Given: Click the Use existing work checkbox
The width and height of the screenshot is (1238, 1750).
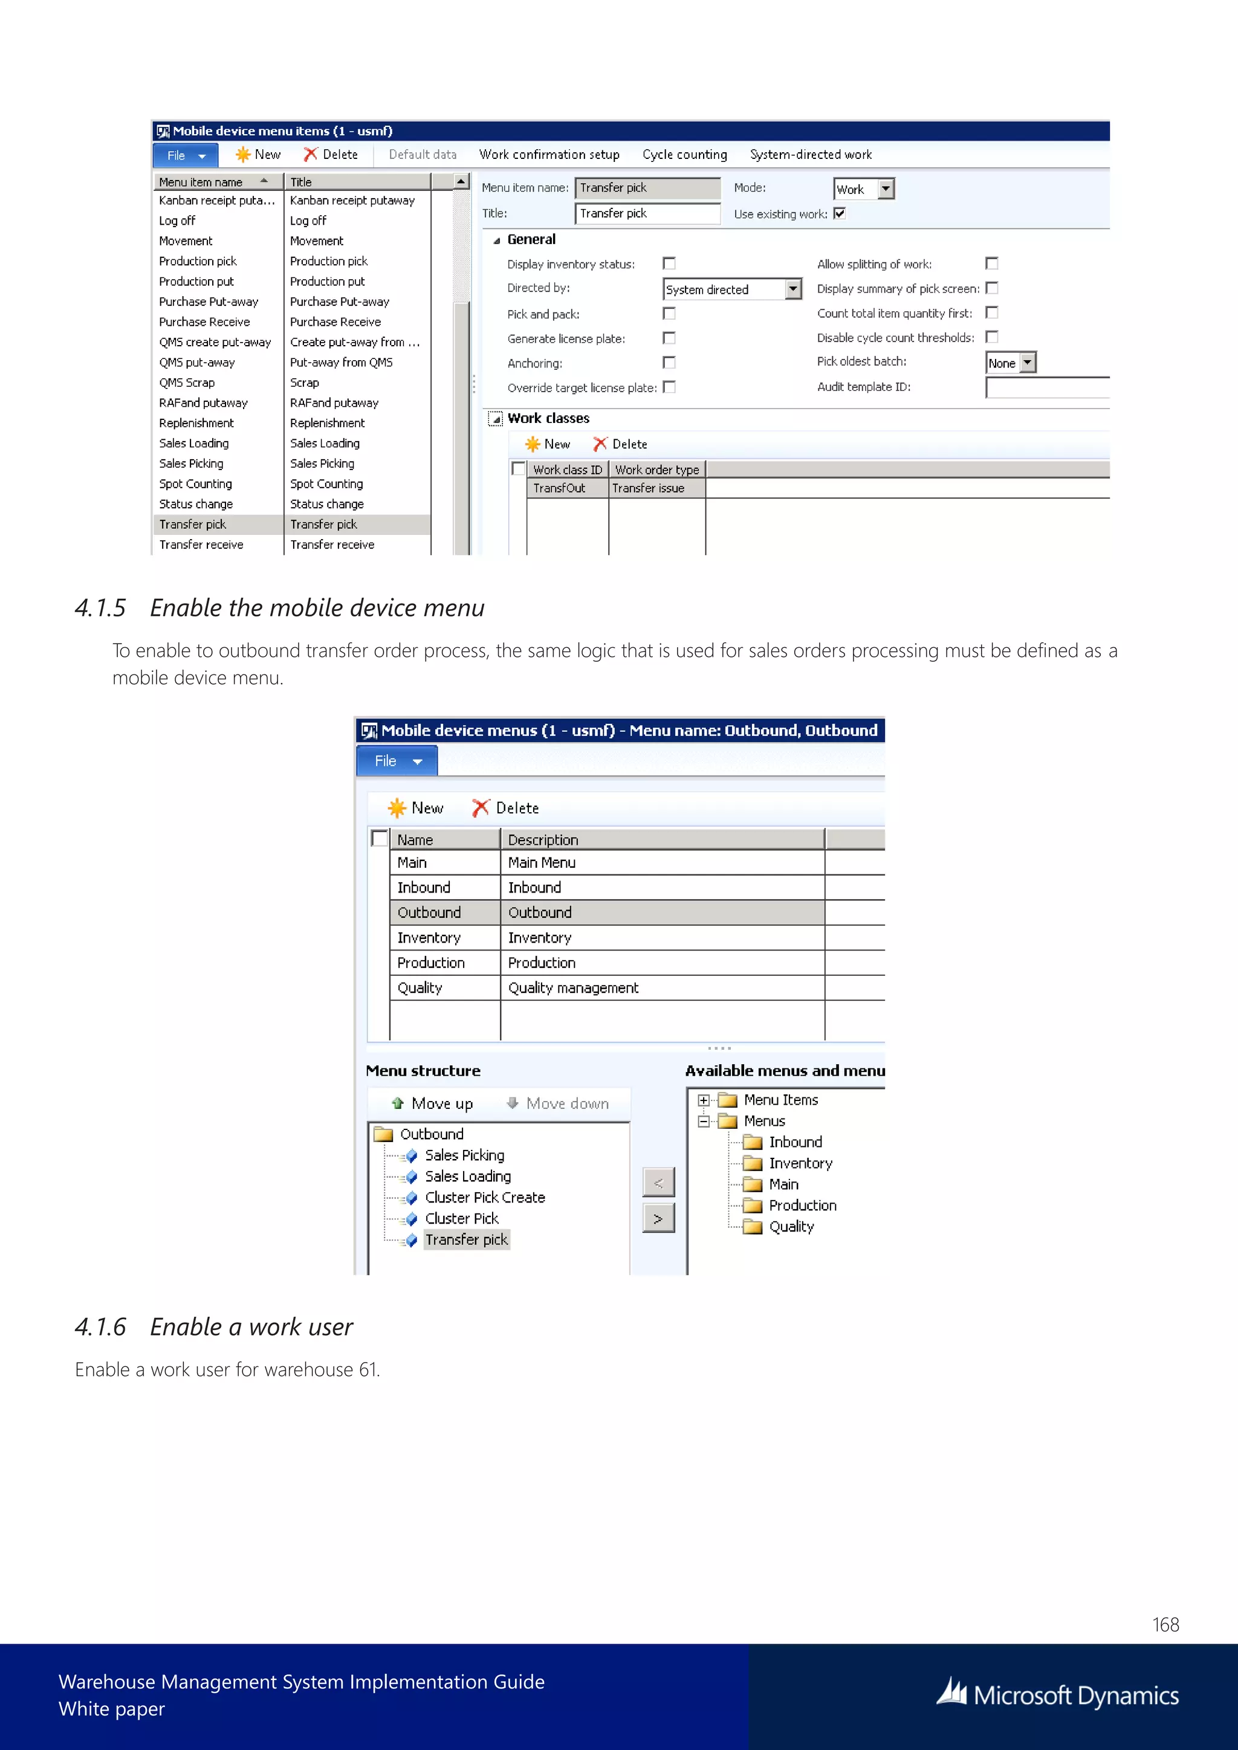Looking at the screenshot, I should click(x=839, y=213).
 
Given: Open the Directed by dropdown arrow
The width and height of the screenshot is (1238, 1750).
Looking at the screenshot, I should click(x=793, y=289).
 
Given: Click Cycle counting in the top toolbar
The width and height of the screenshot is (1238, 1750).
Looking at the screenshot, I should click(x=684, y=155).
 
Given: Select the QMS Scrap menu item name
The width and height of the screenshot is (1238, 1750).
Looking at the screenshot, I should click(x=187, y=383).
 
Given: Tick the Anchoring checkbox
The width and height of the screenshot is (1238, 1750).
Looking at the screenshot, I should click(x=669, y=363).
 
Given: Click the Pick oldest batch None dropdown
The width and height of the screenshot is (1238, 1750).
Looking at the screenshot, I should click(x=1028, y=363).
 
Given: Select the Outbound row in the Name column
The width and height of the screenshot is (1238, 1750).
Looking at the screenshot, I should click(x=429, y=912).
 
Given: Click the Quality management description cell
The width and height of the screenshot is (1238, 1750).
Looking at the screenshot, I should click(x=573, y=988).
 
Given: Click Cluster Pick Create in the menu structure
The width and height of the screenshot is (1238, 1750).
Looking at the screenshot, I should click(x=485, y=1198).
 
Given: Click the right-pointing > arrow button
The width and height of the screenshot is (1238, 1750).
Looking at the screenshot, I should click(x=658, y=1219).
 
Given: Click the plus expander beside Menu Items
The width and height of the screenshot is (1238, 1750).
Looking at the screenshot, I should click(x=704, y=1100).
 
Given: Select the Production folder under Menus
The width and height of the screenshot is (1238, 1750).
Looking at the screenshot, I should click(x=802, y=1205).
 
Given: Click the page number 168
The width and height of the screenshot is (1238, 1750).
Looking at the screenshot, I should click(x=1165, y=1624).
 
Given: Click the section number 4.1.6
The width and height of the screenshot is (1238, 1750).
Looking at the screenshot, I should click(x=100, y=1327).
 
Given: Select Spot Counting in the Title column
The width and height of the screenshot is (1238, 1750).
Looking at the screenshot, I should click(x=326, y=484).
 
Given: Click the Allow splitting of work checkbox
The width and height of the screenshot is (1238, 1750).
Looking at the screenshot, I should click(x=991, y=263).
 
